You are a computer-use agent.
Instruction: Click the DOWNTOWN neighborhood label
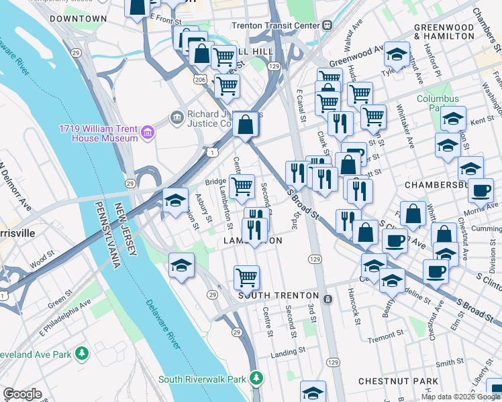78,19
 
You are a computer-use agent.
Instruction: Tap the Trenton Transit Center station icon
327,25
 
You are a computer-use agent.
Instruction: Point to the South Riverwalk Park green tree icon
256,379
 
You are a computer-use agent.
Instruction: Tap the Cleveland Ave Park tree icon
82,352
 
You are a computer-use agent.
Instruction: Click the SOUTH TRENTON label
279,295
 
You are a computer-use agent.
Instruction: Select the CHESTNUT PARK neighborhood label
399,381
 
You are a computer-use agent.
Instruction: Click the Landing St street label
288,350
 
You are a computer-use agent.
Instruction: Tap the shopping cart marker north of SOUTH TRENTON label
247,276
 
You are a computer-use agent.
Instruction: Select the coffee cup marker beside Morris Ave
481,190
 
